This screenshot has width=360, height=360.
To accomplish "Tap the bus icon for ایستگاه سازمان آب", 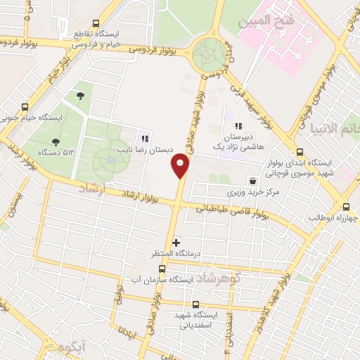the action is pos(162,269).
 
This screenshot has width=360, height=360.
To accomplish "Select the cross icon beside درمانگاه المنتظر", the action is pos(176,243).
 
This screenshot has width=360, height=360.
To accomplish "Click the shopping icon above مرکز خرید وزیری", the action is pos(252,181).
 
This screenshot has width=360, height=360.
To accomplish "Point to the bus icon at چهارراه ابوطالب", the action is pos(345,207).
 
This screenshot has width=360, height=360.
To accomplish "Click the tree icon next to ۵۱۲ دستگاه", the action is pos(56,141).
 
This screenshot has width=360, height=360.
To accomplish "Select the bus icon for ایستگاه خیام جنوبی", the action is pos(25,108).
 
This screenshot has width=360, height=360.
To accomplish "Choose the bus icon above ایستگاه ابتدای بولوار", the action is pos(300,152).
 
